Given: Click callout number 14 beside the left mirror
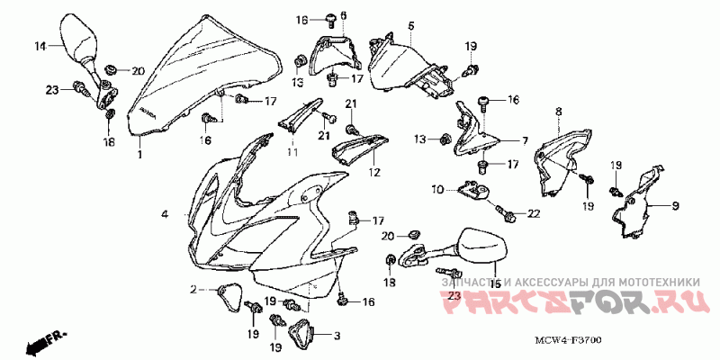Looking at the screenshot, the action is tap(40, 46).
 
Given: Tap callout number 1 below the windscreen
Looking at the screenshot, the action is tap(139, 155).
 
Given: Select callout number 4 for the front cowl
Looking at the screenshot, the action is tap(166, 214).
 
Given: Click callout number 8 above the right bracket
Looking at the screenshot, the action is tap(558, 112).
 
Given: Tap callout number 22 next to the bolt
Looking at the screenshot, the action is tap(533, 213).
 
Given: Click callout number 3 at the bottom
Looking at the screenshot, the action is tap(337, 337).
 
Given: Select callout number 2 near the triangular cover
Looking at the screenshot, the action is tap(193, 289).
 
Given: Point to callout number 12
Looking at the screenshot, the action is tap(373, 171).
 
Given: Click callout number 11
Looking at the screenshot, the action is tap(292, 153).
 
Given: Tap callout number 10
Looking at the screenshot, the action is tap(436, 189).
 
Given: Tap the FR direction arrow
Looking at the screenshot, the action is tap(45, 342).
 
